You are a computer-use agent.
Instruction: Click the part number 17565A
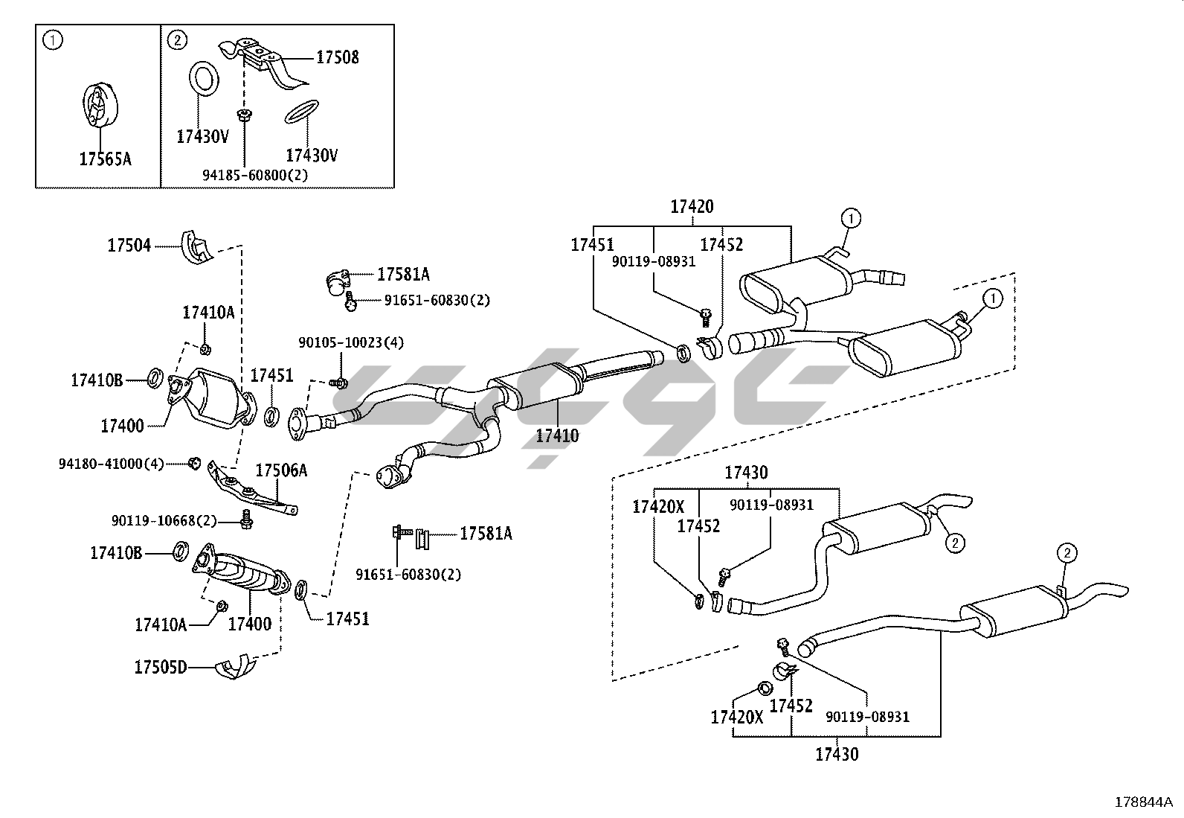pyautogui.click(x=105, y=159)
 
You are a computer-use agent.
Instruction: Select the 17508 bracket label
pyautogui.click(x=337, y=57)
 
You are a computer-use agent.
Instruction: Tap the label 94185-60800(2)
pyautogui.click(x=255, y=175)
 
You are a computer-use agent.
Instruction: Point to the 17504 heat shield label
pyautogui.click(x=129, y=245)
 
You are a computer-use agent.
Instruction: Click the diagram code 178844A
pyautogui.click(x=1142, y=802)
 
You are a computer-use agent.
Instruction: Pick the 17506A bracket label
pyautogui.click(x=281, y=470)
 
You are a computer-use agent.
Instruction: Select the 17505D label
pyautogui.click(x=160, y=667)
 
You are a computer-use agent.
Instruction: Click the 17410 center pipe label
pyautogui.click(x=557, y=435)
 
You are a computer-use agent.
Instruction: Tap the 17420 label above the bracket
pyautogui.click(x=692, y=207)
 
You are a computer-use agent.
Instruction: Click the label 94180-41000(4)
pyautogui.click(x=111, y=463)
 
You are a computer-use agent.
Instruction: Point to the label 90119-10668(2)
pyautogui.click(x=164, y=521)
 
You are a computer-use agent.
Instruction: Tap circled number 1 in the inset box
pyautogui.click(x=53, y=41)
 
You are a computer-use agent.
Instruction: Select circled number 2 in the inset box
pyautogui.click(x=177, y=40)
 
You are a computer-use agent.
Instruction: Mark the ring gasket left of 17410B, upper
pyautogui.click(x=155, y=378)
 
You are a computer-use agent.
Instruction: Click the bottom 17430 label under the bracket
pyautogui.click(x=837, y=754)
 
